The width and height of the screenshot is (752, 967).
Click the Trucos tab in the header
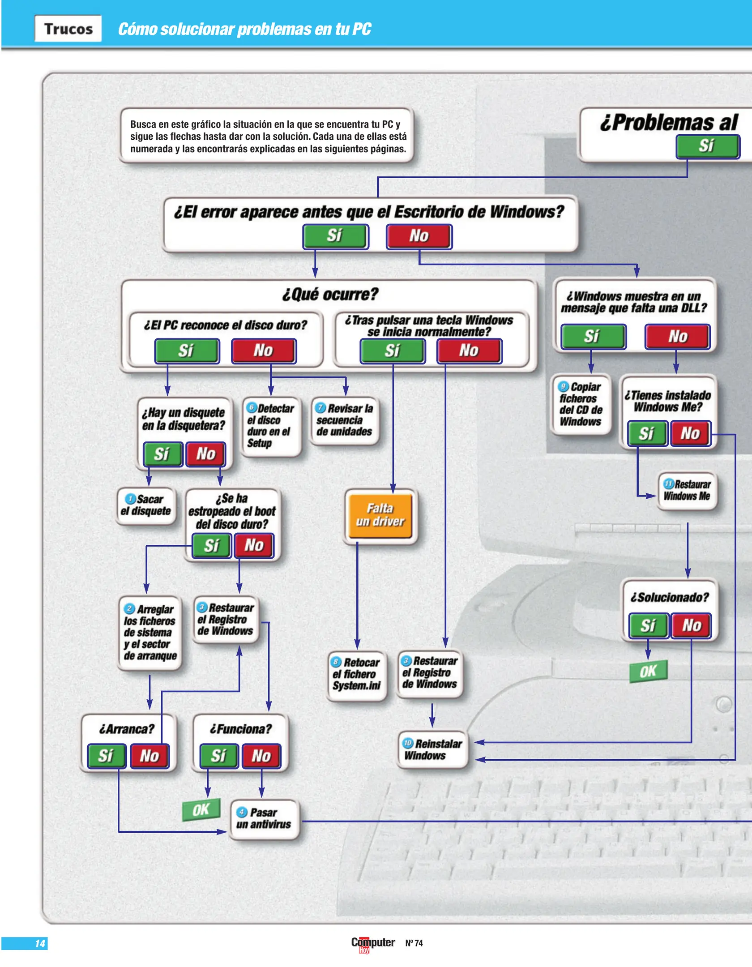tap(68, 29)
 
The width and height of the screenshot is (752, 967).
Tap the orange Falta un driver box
tap(380, 515)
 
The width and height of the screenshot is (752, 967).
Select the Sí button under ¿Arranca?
tap(106, 756)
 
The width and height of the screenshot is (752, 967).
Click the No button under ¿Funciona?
tap(261, 756)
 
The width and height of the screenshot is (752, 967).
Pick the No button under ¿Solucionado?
tap(691, 625)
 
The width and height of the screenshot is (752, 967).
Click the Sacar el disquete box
tap(146, 505)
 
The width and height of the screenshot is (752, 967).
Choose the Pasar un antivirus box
tap(264, 818)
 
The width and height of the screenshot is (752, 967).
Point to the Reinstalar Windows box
tap(432, 749)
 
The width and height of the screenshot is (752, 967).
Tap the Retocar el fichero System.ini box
tap(357, 674)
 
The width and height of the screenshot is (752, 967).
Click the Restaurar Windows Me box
tap(687, 491)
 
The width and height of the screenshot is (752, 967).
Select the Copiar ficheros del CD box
tap(581, 404)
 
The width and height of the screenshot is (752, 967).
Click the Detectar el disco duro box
tap(270, 426)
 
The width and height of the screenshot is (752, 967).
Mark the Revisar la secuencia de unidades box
tap(345, 420)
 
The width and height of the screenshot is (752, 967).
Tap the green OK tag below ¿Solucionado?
tap(648, 671)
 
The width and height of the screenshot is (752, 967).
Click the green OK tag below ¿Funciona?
tap(201, 809)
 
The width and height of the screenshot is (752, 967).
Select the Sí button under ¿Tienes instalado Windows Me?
tap(646, 433)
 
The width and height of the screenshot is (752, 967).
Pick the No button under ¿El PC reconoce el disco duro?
tap(263, 351)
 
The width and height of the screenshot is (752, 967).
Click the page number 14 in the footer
tap(39, 943)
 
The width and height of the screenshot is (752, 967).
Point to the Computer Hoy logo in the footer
tap(373, 944)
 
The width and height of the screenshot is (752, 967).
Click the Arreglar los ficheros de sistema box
tap(150, 632)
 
